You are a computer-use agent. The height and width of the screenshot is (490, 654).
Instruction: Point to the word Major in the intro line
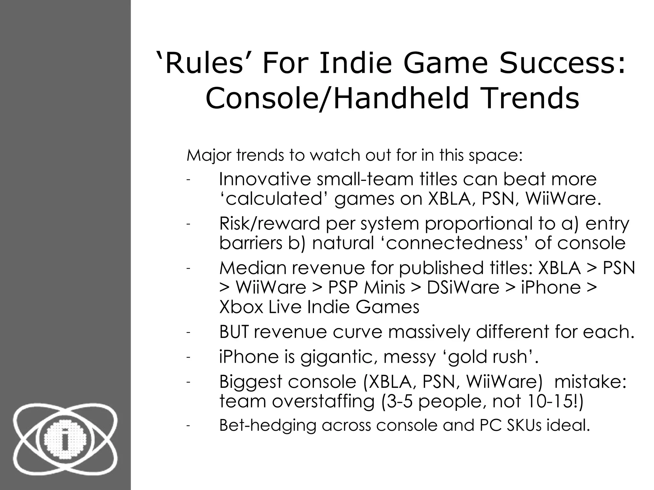point(209,156)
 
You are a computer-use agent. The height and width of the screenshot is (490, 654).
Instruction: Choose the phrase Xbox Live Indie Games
point(319,307)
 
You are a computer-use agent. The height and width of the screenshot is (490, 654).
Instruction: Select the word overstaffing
point(323,401)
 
